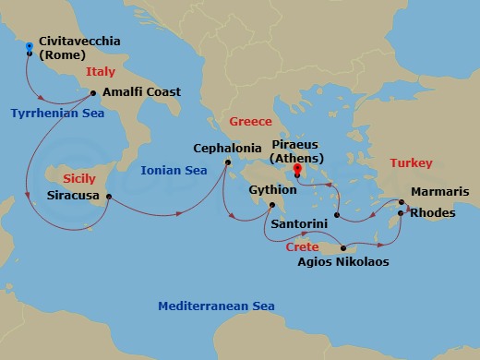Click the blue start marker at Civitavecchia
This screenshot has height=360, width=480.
[x=30, y=45]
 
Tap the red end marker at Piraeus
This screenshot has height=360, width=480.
[x=297, y=169]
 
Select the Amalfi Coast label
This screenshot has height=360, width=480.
[x=141, y=92]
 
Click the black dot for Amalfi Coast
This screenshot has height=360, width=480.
[x=94, y=92]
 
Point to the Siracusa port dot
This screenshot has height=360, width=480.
[x=109, y=196]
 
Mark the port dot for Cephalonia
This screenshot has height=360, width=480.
[x=228, y=163]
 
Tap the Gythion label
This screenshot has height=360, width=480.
[x=272, y=189]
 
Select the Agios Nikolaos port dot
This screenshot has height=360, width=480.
[x=342, y=246]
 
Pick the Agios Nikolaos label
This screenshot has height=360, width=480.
[x=342, y=262]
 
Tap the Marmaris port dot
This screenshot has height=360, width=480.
[x=402, y=201]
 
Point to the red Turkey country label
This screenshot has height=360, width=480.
[x=411, y=162]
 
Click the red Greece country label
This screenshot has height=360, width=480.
[x=250, y=122]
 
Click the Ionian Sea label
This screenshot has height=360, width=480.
[x=173, y=170]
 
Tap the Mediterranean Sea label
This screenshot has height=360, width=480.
[x=215, y=306]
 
